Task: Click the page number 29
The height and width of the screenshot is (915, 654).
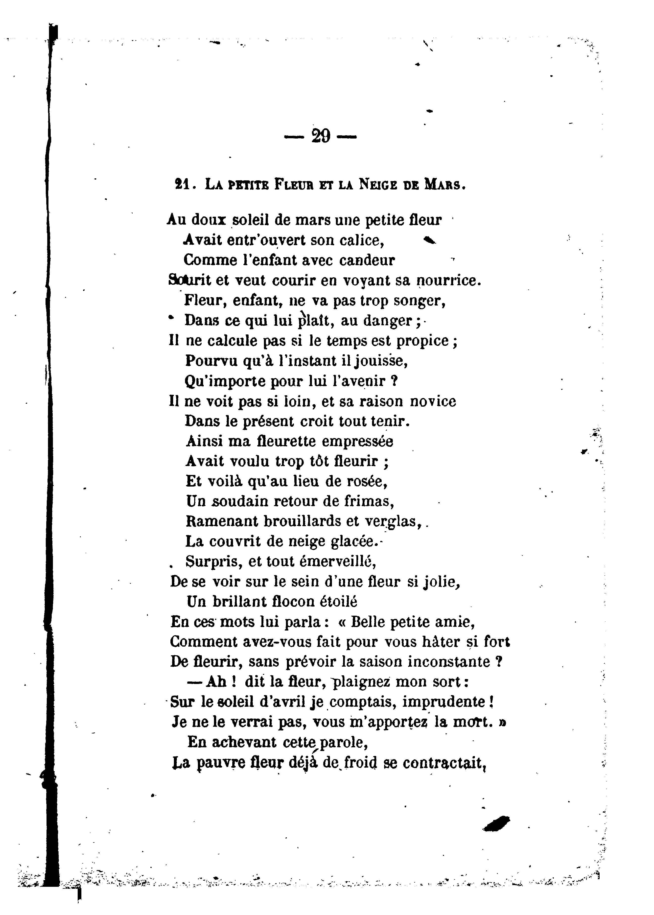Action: pos(321,136)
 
